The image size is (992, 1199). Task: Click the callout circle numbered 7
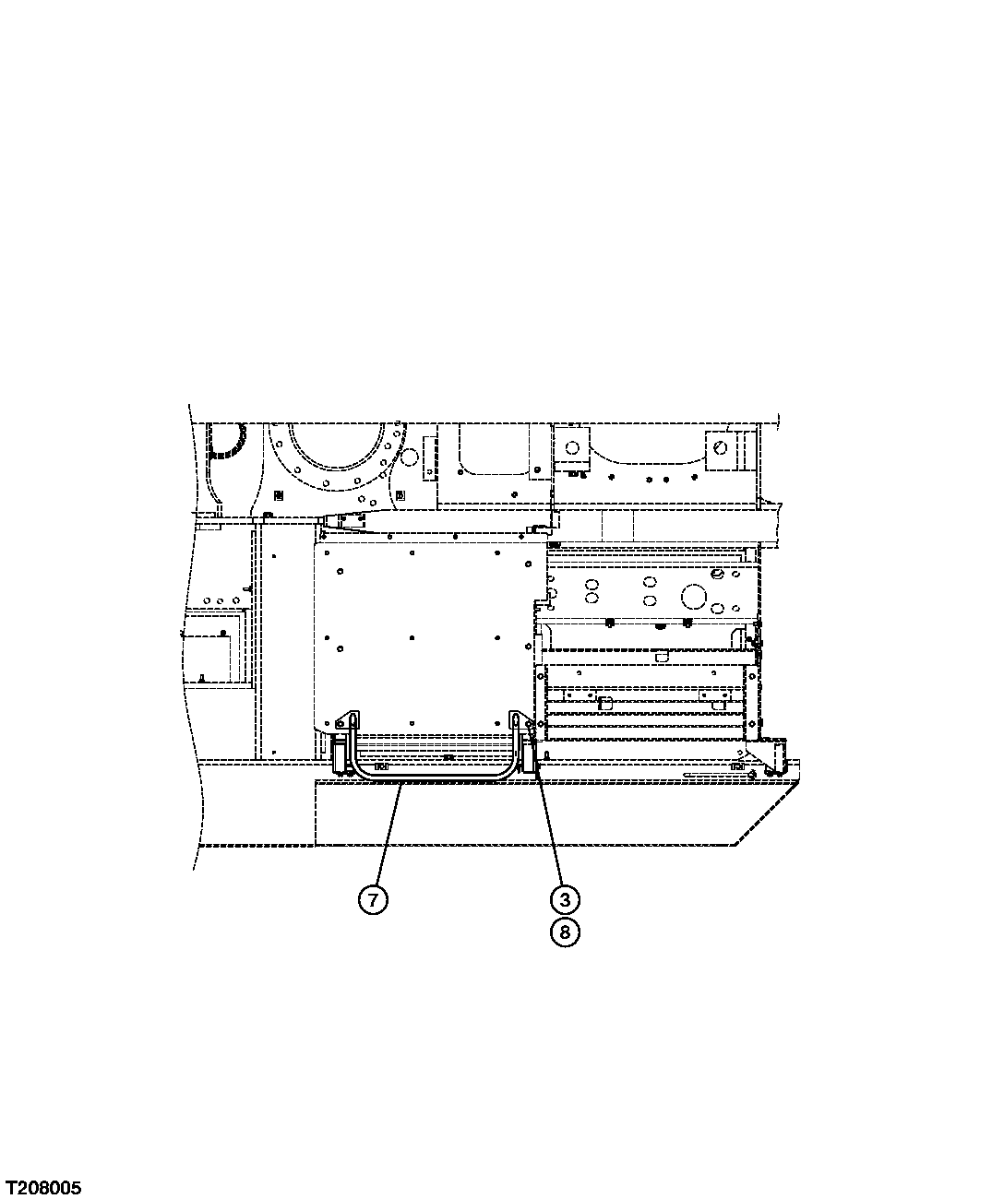point(372,899)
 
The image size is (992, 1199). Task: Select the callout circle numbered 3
point(565,899)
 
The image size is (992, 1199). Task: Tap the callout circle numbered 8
point(565,932)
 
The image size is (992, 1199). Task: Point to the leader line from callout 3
point(550,830)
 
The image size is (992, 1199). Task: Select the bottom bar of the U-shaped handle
point(433,776)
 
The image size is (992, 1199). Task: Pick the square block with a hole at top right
point(719,449)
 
